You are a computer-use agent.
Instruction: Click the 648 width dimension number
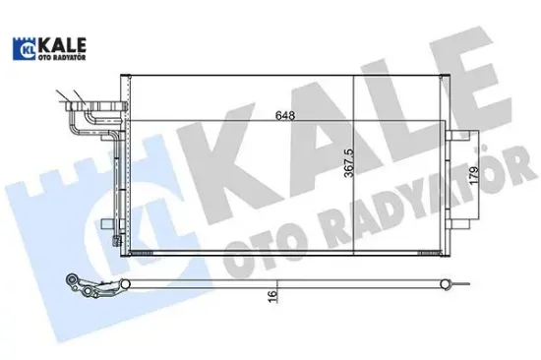[x=284, y=114]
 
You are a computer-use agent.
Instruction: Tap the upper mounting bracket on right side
[x=460, y=138]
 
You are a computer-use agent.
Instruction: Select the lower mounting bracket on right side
[x=460, y=224]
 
